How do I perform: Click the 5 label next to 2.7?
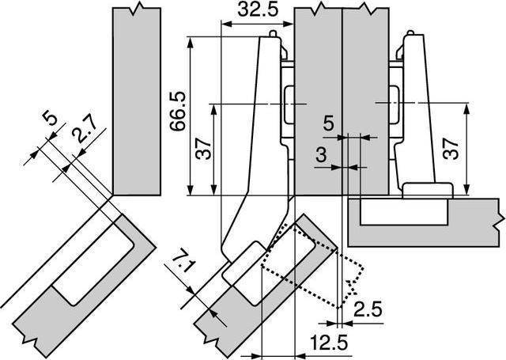50,120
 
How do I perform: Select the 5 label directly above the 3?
328,123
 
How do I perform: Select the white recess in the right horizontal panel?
402,211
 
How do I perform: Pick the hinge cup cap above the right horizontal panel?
426,190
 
